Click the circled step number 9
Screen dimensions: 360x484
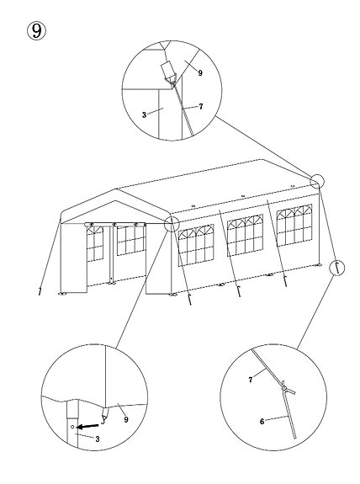click(37, 31)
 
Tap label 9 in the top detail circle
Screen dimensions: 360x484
click(200, 73)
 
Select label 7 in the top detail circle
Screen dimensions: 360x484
click(201, 106)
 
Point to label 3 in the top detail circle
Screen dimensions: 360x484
click(144, 114)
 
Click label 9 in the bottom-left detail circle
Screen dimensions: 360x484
click(126, 419)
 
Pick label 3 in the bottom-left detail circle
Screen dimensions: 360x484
click(98, 439)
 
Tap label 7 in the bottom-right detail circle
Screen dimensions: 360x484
click(251, 380)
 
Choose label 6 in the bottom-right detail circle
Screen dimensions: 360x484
click(262, 422)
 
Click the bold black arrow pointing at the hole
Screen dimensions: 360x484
click(87, 426)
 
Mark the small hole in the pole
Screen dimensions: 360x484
click(72, 427)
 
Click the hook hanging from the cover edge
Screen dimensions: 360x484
click(104, 416)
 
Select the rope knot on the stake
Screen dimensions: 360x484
click(286, 389)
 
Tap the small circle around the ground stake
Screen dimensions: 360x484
click(336, 268)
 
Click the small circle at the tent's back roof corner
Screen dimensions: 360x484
click(317, 181)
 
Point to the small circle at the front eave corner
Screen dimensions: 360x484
click(172, 223)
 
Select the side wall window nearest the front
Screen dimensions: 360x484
click(196, 245)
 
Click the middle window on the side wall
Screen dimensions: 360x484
click(246, 235)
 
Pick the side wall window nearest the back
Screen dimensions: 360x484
click(294, 225)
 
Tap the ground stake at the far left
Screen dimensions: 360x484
click(40, 291)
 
